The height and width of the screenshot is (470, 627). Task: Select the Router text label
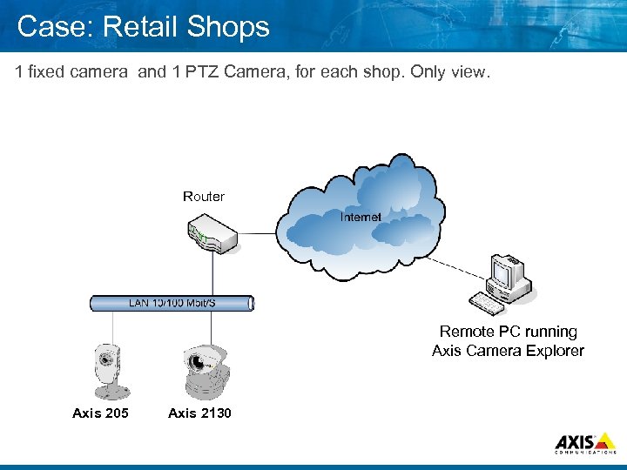(204, 197)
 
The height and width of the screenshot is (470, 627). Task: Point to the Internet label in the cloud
(360, 217)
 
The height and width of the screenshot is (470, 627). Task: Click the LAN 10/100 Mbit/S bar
(172, 303)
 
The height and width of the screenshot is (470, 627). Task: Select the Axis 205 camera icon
(108, 369)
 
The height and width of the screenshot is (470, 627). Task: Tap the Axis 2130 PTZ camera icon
(206, 371)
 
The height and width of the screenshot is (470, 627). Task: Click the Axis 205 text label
(100, 413)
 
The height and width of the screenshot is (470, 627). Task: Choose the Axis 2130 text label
(199, 413)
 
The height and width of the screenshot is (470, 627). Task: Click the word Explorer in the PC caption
(553, 351)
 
